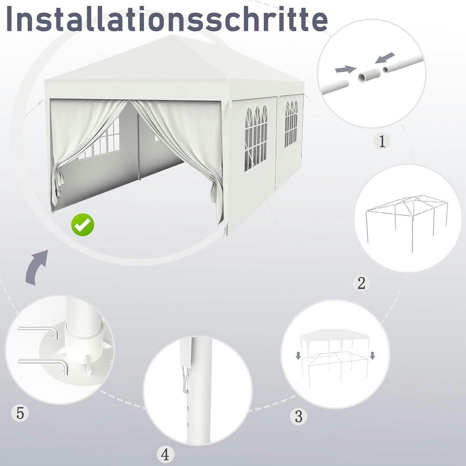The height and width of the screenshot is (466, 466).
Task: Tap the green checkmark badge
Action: (x=83, y=225)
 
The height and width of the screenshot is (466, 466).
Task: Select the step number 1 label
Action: (x=382, y=142)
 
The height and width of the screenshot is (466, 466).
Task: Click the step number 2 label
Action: (x=361, y=283)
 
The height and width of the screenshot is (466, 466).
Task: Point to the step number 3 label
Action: (x=299, y=416)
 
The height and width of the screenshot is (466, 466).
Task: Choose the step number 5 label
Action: (x=20, y=413)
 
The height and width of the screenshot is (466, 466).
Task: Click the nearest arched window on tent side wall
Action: (x=256, y=138)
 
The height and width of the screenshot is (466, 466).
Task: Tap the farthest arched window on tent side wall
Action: (x=291, y=123)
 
